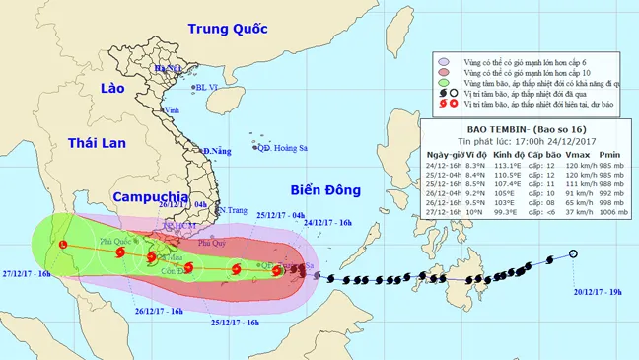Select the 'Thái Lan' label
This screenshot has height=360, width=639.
click(97, 144)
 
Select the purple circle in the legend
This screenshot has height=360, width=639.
click(446, 60)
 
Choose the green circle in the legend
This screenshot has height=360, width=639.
click(446, 86)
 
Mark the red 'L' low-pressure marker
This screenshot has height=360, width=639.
click(63, 244)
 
